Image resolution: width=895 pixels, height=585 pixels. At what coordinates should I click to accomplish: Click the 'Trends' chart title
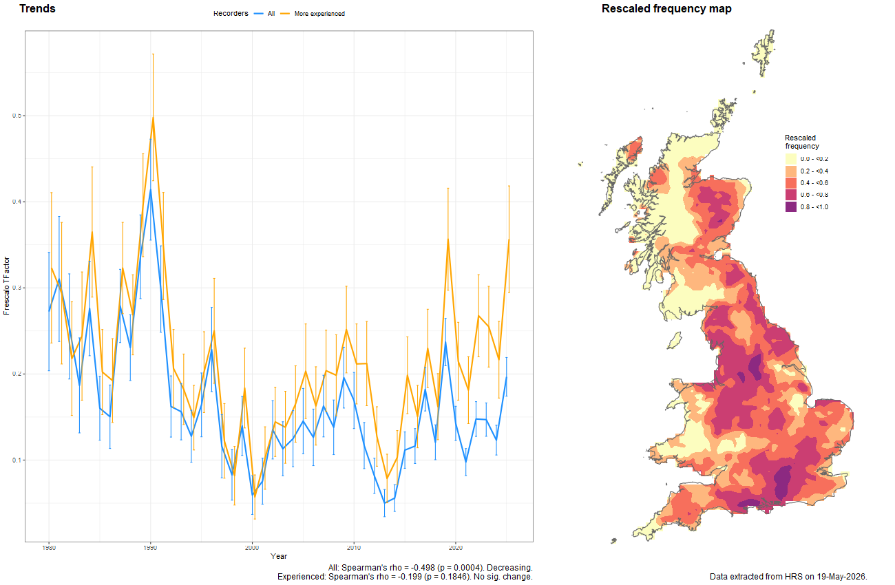pos(37,8)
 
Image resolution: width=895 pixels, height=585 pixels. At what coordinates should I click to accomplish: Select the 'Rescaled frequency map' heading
pos(666,9)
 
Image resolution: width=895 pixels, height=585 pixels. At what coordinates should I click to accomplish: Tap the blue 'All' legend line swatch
pos(258,14)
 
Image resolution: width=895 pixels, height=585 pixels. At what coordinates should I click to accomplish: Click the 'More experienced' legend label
pos(319,14)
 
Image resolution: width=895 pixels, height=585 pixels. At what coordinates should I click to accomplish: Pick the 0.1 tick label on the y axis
pos(17,460)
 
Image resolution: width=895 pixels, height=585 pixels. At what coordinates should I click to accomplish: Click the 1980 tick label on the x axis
pos(49,548)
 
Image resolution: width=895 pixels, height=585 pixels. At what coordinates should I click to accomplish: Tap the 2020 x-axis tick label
pos(456,548)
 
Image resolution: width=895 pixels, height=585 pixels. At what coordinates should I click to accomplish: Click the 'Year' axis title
pos(279,556)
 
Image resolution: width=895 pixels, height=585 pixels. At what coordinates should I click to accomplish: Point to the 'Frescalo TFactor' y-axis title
pos(6,286)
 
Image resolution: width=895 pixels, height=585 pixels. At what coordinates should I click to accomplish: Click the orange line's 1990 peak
pos(153,118)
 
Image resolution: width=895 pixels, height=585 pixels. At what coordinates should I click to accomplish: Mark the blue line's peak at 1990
pos(151,189)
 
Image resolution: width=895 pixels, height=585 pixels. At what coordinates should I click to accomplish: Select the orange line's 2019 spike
pos(448,239)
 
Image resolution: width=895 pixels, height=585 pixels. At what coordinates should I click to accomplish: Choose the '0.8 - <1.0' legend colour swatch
pos(791,207)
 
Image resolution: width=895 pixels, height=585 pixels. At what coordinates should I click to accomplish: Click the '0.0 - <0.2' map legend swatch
pos(791,159)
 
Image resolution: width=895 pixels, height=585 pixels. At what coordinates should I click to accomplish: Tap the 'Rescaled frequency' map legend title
pos(801,142)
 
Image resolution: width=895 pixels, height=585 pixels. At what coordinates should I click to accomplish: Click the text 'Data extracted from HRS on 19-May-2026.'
pos(788,577)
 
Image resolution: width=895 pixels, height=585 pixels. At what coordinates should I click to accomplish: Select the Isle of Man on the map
pos(675,341)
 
